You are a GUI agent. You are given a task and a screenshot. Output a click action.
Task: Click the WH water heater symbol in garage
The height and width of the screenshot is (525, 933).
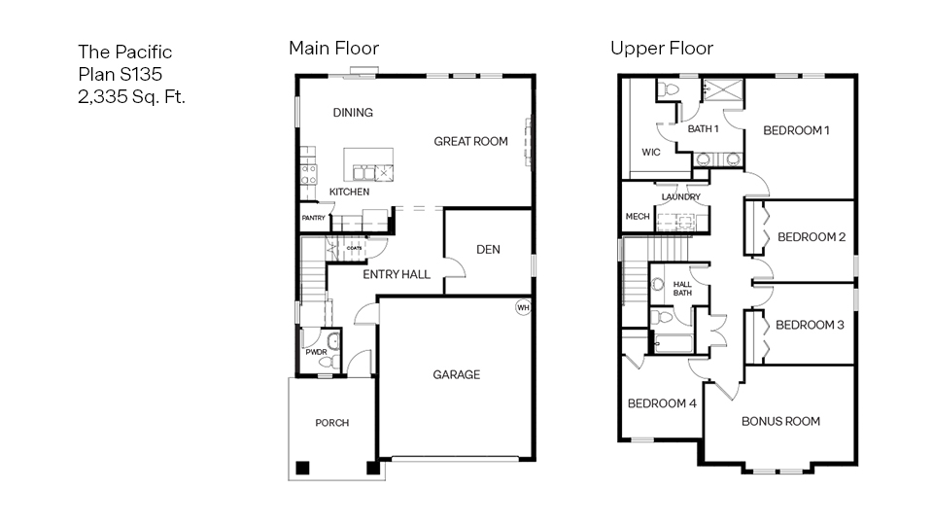pyautogui.click(x=523, y=308)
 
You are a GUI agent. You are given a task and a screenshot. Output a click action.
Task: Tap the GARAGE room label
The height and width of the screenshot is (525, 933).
pyautogui.click(x=456, y=374)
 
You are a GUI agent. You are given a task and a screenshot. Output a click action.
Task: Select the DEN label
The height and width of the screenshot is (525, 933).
pyautogui.click(x=488, y=250)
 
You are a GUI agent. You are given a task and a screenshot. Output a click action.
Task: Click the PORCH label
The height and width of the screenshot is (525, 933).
pyautogui.click(x=331, y=423)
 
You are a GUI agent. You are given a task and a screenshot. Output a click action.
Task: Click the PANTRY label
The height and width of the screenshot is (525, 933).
pyautogui.click(x=313, y=218)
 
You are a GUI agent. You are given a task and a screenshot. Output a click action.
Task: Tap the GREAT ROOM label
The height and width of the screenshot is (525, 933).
pyautogui.click(x=470, y=142)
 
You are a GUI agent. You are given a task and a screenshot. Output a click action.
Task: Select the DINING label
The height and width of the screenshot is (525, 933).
pyautogui.click(x=353, y=113)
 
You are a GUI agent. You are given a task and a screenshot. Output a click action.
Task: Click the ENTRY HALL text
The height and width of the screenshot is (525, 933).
pyautogui.click(x=397, y=275)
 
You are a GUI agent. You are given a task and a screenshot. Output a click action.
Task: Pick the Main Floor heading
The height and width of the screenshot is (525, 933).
pyautogui.click(x=333, y=48)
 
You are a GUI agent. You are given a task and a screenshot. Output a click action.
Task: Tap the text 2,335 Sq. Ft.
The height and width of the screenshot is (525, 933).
pyautogui.click(x=131, y=96)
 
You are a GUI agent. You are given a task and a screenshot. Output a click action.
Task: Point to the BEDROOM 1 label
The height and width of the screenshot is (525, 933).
pyautogui.click(x=796, y=130)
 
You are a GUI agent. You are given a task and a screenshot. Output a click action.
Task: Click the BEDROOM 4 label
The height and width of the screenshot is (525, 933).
pyautogui.click(x=661, y=403)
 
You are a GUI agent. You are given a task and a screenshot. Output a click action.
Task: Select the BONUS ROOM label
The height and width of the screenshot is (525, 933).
pyautogui.click(x=780, y=421)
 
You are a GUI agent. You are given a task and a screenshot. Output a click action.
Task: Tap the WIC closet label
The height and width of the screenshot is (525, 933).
pyautogui.click(x=651, y=153)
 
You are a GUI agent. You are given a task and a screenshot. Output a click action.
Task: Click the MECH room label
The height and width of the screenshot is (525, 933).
pyautogui.click(x=637, y=217)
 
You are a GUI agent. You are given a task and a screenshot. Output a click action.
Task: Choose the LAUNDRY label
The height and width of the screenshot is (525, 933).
pyautogui.click(x=680, y=197)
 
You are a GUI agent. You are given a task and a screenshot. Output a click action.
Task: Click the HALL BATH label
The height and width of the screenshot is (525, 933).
pyautogui.click(x=682, y=289)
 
